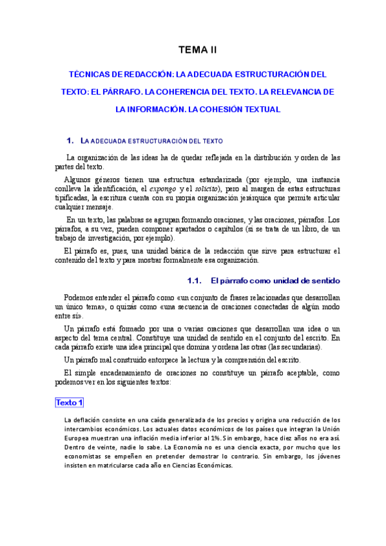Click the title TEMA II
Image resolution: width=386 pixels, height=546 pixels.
[198, 50]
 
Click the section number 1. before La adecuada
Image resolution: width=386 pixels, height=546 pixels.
[71, 140]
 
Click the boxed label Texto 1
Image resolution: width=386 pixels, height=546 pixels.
[70, 402]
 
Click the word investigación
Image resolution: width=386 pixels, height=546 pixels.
[119, 239]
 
